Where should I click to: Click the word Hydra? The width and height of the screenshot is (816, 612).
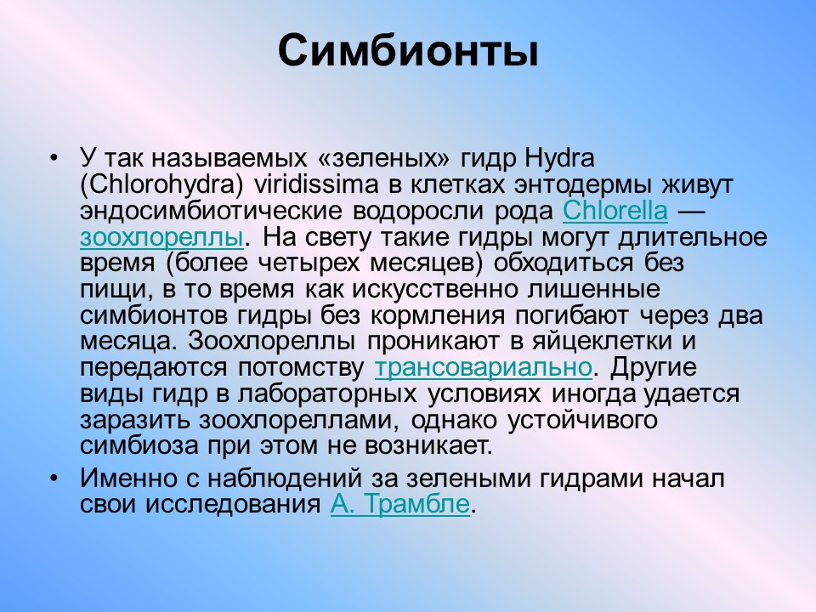click(x=559, y=159)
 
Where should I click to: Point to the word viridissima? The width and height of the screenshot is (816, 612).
click(x=316, y=184)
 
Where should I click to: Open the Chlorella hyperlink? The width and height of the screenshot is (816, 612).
click(x=615, y=211)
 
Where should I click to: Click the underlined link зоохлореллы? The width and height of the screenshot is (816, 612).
click(x=161, y=237)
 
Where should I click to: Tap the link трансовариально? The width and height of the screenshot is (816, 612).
click(x=484, y=368)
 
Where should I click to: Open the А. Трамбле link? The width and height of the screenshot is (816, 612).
click(x=400, y=504)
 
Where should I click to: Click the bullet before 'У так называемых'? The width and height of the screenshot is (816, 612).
click(x=53, y=158)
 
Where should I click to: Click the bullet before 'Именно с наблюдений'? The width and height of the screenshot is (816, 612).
click(x=53, y=479)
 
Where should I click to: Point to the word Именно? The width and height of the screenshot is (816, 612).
click(x=128, y=479)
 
